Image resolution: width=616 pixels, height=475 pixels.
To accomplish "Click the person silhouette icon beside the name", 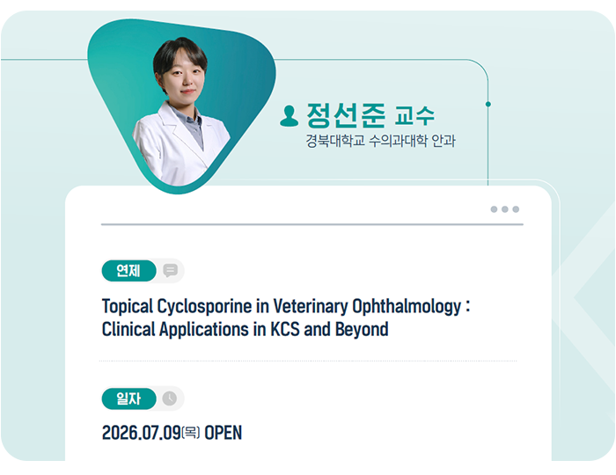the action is coord(290,116).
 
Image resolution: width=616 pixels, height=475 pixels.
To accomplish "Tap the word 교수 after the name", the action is coord(414,115).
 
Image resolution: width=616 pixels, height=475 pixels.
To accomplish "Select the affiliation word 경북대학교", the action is coord(335,141).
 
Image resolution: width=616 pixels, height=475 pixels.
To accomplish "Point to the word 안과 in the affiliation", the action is coord(444,141).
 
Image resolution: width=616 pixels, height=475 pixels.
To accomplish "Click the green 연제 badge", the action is coord(128,270).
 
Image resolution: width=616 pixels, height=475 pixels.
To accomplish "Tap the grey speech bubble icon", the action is coord(170,270).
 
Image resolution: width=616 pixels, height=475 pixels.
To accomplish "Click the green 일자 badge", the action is coord(128,398).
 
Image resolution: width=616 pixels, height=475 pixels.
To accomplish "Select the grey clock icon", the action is coord(170,398).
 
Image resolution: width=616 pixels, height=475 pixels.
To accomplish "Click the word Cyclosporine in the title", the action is coord(204,307).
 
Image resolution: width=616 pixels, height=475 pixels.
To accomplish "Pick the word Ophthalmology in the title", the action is coord(407,307).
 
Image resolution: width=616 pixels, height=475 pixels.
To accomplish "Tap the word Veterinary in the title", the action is coord(311,307).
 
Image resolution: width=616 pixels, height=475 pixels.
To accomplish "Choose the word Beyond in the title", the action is coord(362,330).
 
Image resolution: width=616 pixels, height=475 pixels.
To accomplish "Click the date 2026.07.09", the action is coord(141,433).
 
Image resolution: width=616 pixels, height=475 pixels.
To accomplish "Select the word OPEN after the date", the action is coord(224,433).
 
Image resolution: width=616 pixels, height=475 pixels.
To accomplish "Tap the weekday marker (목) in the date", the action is coord(191,433).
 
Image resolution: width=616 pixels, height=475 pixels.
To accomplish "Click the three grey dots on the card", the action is coord(505,209).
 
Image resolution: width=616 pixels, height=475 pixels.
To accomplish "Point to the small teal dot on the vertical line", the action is coord(488,104).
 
